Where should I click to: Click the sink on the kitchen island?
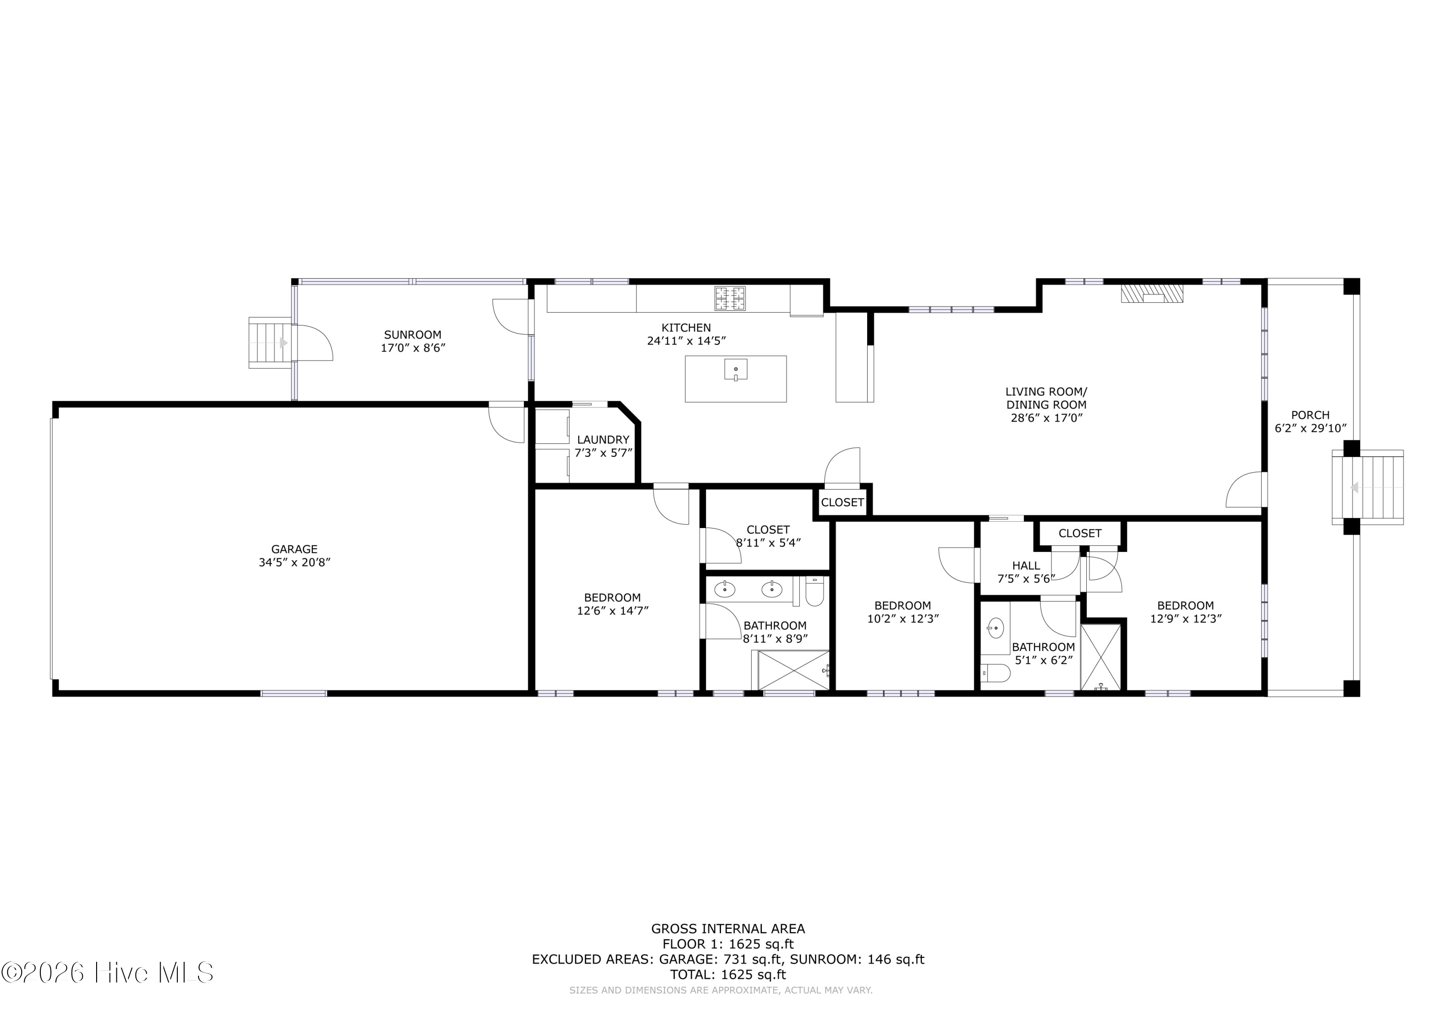click(x=735, y=370)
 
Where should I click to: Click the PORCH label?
click(x=1310, y=415)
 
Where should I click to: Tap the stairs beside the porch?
click(x=1368, y=487)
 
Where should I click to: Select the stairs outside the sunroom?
click(x=271, y=343)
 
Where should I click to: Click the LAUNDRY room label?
click(x=603, y=440)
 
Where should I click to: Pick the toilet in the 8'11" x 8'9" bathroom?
click(x=815, y=591)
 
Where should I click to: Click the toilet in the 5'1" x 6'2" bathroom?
click(x=995, y=674)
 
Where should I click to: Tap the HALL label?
click(x=1026, y=565)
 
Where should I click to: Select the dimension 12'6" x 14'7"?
click(x=612, y=610)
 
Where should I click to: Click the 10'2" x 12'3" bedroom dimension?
click(x=903, y=618)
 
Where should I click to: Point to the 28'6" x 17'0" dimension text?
click(x=1046, y=417)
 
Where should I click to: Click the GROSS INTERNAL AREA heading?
click(x=728, y=929)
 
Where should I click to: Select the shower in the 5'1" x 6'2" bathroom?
click(x=1100, y=657)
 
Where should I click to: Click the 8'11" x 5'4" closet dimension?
click(x=768, y=542)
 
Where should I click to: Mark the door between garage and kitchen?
click(x=506, y=422)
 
